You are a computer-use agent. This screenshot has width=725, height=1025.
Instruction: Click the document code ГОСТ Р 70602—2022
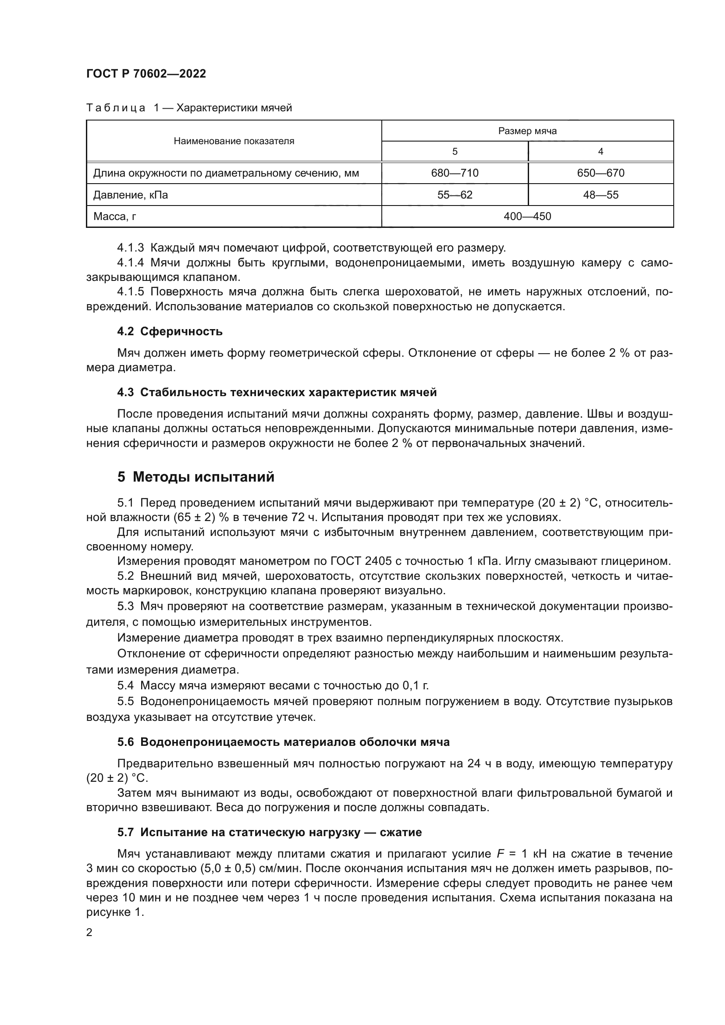click(x=146, y=74)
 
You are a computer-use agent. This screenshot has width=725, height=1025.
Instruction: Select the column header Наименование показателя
click(x=234, y=141)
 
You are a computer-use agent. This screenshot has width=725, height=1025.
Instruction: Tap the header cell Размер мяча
click(x=527, y=131)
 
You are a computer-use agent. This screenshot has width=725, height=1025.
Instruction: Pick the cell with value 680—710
click(x=455, y=173)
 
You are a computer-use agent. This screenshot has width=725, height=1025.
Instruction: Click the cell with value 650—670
click(x=601, y=173)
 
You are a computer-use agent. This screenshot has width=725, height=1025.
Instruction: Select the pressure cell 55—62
click(x=455, y=195)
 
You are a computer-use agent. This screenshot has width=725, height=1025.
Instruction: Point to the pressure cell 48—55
click(x=601, y=195)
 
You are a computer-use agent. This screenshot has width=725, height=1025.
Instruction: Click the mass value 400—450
click(x=527, y=216)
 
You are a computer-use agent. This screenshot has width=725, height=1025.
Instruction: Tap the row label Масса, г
click(x=115, y=216)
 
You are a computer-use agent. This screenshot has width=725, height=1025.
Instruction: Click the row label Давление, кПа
click(x=130, y=195)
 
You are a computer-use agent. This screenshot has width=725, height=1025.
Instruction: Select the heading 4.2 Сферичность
click(x=170, y=331)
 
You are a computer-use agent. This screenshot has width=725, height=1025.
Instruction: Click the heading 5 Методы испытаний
click(x=195, y=477)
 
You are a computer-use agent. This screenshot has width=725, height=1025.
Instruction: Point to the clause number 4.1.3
click(x=130, y=248)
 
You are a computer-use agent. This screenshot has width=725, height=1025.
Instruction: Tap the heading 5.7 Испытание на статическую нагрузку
click(x=270, y=832)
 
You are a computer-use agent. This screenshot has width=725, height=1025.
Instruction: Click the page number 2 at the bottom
click(x=89, y=933)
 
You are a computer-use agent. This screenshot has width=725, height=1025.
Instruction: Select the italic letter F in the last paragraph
click(x=500, y=854)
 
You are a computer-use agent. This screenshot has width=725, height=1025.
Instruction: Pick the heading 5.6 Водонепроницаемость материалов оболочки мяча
click(x=284, y=742)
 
